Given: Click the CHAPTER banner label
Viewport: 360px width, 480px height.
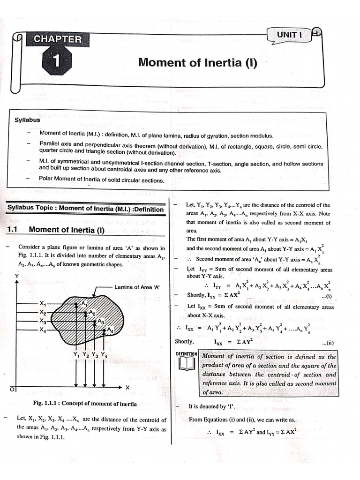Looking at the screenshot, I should tap(57, 40).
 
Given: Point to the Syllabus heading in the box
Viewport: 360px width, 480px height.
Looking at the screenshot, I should tap(28, 120).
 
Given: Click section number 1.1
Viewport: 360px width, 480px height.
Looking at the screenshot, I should tap(13, 230).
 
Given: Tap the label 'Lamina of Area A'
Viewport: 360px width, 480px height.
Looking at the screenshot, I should tap(137, 287).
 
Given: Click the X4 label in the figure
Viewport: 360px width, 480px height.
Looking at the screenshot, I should tap(44, 330).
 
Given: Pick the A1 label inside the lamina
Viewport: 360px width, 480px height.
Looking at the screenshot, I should tap(84, 304).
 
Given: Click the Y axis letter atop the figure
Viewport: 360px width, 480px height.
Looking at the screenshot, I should tap(16, 277).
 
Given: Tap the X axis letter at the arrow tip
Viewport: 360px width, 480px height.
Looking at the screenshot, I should tap(127, 388).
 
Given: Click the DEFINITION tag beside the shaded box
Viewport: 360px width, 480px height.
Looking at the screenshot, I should tap(187, 354).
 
